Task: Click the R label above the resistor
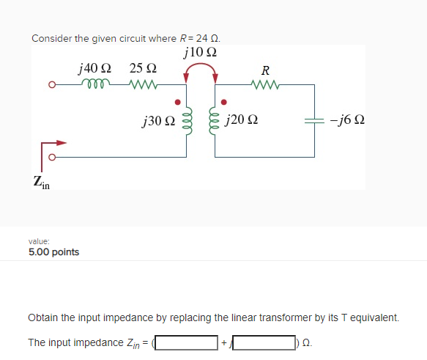coord(265,70)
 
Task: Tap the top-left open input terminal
coord(51,85)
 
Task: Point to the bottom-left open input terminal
coord(51,156)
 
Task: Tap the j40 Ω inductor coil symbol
coord(94,84)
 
